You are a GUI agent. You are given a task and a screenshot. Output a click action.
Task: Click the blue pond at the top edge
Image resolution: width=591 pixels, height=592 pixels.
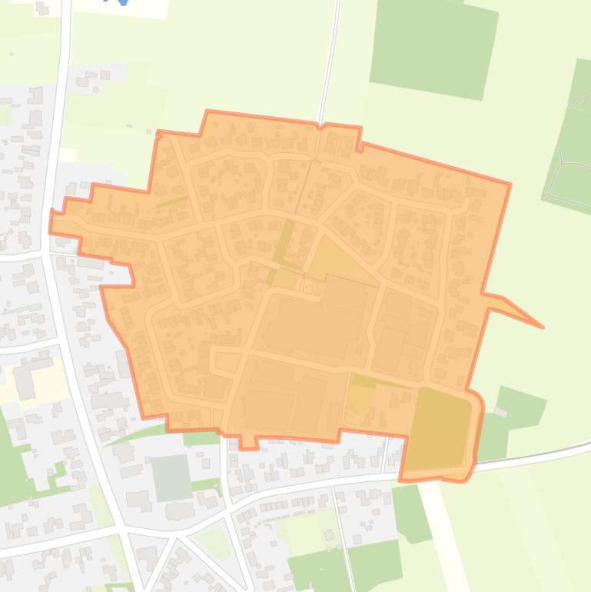tap(122, 2)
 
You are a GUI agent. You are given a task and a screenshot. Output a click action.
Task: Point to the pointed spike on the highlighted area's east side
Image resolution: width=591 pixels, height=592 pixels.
tap(538, 324)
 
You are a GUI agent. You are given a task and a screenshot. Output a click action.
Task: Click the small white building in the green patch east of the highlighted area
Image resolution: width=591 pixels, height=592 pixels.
tap(500, 412)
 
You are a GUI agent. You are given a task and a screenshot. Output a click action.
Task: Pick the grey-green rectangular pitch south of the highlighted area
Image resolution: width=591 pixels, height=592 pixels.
tap(171, 477)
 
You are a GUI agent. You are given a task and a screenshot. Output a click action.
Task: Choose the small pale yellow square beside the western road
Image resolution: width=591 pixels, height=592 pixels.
tap(68, 155)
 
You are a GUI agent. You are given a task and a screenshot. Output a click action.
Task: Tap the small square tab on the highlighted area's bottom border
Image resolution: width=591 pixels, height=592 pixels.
tap(248, 442)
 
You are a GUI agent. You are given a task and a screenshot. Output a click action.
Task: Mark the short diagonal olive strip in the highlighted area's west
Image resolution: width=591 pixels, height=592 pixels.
tap(173, 201)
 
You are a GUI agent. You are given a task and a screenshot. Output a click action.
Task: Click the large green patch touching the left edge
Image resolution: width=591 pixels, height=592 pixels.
tap(12, 461)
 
